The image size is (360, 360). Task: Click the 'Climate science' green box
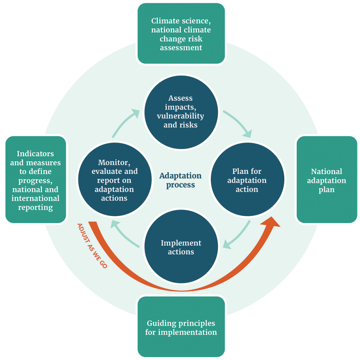(x=181, y=34)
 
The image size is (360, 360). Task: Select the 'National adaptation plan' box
(x=326, y=179)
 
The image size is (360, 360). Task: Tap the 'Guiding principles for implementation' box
(x=181, y=326)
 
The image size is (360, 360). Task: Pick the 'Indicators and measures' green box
(x=36, y=179)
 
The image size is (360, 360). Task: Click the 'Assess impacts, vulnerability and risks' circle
(x=181, y=112)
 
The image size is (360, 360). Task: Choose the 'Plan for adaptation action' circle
(x=248, y=179)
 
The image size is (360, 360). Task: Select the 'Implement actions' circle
(x=181, y=246)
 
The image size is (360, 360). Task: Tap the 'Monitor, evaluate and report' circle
(x=115, y=179)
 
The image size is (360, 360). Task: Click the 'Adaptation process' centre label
(x=181, y=180)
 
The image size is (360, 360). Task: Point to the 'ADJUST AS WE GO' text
(x=92, y=246)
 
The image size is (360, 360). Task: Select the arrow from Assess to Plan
(x=239, y=123)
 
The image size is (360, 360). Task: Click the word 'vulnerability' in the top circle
(x=181, y=116)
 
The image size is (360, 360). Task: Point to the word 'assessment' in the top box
(x=181, y=48)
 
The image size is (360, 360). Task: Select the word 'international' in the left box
(x=36, y=198)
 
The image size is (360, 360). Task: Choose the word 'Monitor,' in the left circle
(x=114, y=163)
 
